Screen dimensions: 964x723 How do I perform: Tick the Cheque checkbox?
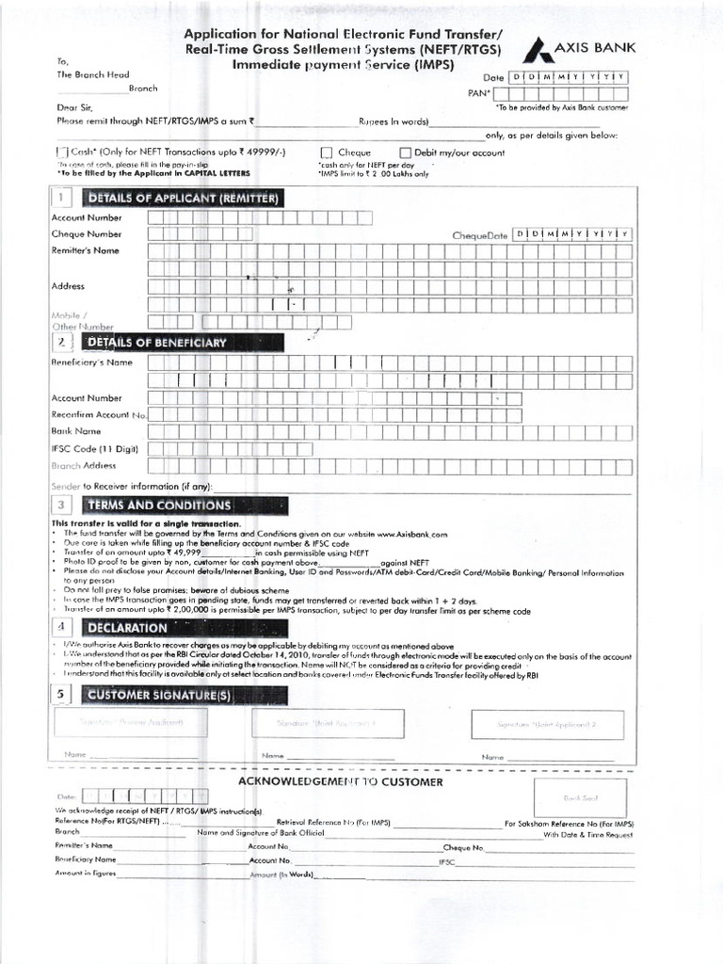coord(327,153)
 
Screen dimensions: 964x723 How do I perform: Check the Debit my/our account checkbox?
coord(406,153)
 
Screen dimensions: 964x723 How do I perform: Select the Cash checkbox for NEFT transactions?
coord(62,153)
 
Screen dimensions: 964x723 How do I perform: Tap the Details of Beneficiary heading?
coord(156,343)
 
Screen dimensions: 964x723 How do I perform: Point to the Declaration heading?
coord(126,627)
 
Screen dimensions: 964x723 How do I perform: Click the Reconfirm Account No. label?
coord(100,415)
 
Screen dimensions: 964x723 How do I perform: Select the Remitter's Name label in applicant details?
coord(86,251)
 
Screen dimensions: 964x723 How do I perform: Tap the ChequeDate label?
coord(479,234)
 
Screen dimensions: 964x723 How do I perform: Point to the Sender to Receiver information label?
coord(132,487)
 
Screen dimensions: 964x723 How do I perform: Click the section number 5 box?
coord(61,695)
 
